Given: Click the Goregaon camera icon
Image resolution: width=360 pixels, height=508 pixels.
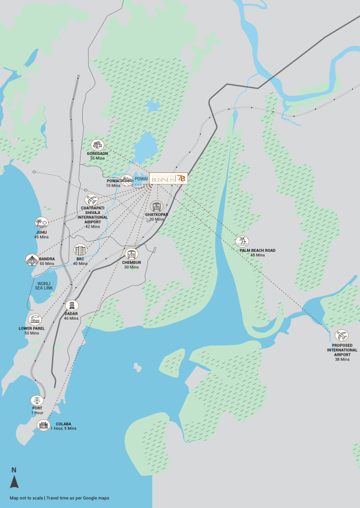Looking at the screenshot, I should [x=98, y=145].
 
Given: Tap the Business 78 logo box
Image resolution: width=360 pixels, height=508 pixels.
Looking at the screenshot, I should [x=169, y=178].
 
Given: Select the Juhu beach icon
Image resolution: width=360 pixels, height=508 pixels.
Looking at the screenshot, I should [x=42, y=222].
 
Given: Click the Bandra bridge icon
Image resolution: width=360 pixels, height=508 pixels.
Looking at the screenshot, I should [x=32, y=259].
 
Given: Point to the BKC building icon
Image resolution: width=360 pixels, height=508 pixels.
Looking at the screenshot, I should [x=81, y=250].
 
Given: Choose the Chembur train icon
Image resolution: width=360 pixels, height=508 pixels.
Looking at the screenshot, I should [x=131, y=254].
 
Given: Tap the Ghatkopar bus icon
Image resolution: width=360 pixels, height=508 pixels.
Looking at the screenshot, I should [x=157, y=206].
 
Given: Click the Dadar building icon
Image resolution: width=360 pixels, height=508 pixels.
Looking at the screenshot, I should [x=71, y=305].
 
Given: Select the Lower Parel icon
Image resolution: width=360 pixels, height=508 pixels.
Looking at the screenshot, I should [x=35, y=320].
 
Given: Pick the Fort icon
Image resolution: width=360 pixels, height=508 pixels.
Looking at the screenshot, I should [x=37, y=400].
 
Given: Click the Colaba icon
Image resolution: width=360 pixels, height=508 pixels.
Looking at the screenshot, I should [x=43, y=425].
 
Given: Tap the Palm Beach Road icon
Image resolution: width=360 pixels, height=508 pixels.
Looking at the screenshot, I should [x=242, y=241].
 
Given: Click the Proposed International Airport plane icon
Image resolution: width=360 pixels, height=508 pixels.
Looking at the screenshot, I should [x=341, y=335].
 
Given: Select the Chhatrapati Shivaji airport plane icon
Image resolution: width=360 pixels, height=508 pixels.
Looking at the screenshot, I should [x=91, y=199].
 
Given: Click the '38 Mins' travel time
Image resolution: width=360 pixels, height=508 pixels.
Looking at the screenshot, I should [x=342, y=359].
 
